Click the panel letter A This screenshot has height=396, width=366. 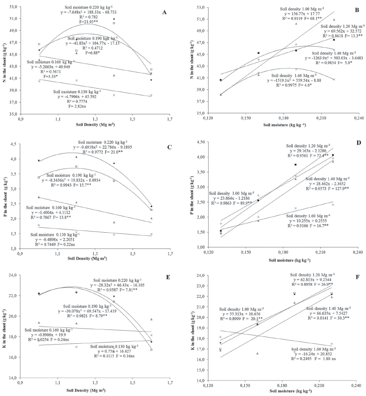(x=164, y=13)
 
